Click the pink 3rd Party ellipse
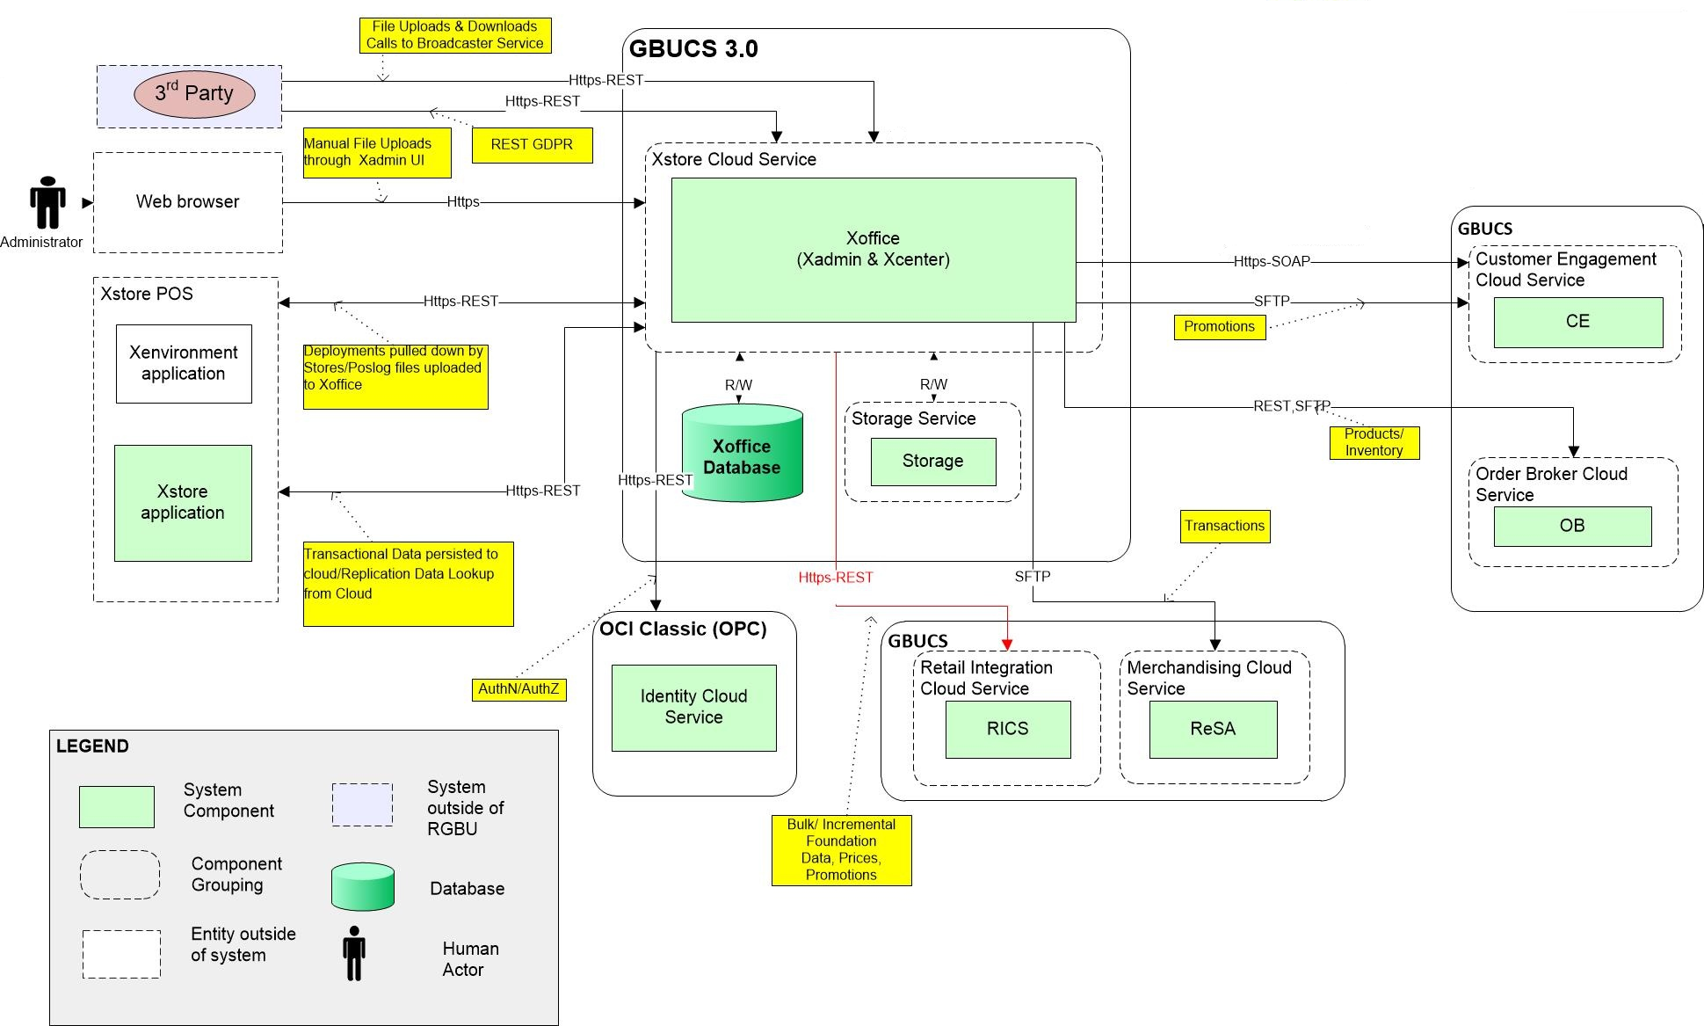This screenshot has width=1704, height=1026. coord(194,94)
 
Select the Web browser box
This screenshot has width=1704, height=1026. coord(188,202)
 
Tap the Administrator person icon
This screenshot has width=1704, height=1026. coord(47,203)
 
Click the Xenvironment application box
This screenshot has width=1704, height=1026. coord(184,364)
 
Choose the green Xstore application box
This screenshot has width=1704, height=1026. coord(183,503)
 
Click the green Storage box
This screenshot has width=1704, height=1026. coord(933,462)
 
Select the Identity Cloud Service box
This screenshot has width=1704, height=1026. coord(694,708)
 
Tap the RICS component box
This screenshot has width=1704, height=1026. coord(1008,729)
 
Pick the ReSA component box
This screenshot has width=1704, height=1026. coord(1213,729)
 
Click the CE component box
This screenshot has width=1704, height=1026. coord(1578,322)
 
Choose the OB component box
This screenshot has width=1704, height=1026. coord(1572,526)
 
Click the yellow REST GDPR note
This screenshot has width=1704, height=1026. coord(532,145)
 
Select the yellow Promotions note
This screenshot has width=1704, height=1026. coord(1220,327)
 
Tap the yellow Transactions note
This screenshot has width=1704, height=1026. coord(1224,526)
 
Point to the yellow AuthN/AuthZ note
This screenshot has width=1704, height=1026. coord(518,689)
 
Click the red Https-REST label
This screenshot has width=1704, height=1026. coord(836,578)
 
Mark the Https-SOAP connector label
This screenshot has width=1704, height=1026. coord(1272,261)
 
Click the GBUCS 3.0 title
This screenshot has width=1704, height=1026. coord(694,49)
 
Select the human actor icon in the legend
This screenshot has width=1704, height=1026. coord(354,953)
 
